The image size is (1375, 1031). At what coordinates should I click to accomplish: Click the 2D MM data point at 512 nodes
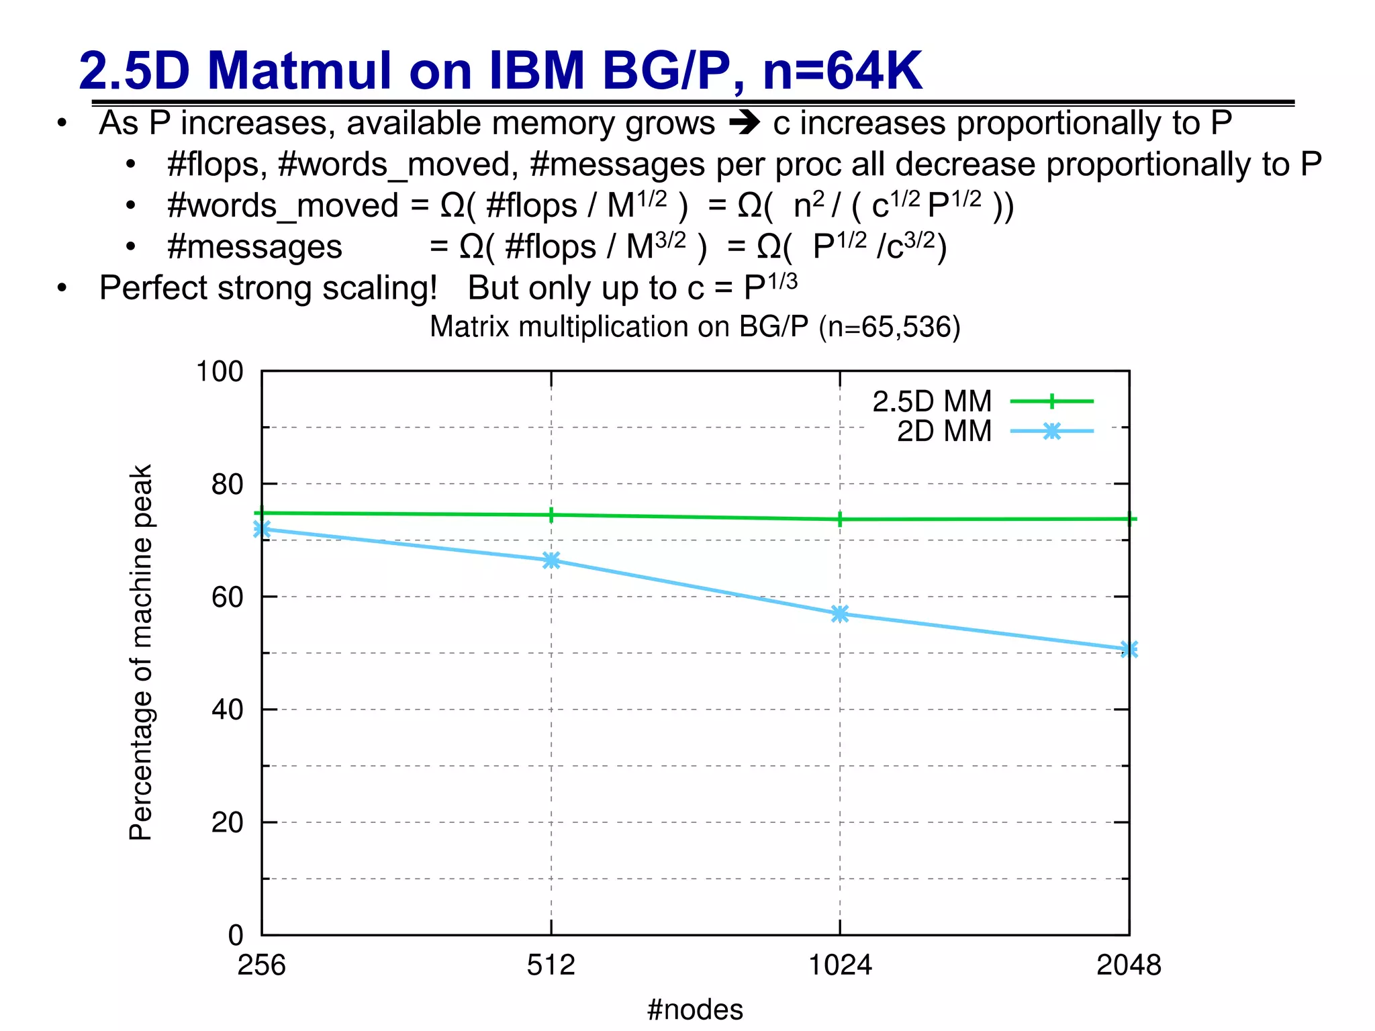coord(551,560)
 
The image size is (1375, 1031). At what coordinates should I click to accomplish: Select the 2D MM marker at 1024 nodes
coord(840,613)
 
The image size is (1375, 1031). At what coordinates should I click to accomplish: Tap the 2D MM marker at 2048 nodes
coord(1129,649)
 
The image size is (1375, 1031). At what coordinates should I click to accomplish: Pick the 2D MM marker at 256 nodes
coord(262,529)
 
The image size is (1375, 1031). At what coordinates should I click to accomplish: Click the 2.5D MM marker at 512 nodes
coord(551,515)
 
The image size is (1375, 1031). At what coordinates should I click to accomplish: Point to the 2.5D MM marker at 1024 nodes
coord(840,519)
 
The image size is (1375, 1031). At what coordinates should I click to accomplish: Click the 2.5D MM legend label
coord(932,401)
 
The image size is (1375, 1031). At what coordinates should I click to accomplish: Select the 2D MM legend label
coord(944,431)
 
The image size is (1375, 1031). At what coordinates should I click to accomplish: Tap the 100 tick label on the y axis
coord(219,371)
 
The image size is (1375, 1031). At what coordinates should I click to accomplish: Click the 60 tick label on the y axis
coord(227,597)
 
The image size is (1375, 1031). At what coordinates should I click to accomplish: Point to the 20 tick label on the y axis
coord(227,822)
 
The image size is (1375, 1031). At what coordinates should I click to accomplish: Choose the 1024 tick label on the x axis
coord(840,965)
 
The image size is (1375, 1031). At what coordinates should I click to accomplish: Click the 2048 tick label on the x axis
coord(1129,965)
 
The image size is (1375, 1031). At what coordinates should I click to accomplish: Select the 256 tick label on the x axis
coord(262,965)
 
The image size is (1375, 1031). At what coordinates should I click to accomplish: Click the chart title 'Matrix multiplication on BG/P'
coord(695,327)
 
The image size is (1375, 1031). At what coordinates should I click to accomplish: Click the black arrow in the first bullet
coord(744,123)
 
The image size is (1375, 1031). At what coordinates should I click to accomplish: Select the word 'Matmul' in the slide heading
coord(299,70)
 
